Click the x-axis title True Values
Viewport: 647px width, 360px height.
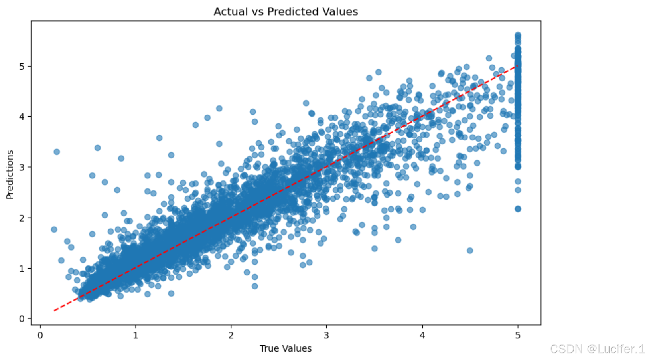click(x=286, y=348)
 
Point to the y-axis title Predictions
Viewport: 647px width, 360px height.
click(x=10, y=174)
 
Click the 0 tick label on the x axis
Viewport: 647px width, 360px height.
click(x=40, y=335)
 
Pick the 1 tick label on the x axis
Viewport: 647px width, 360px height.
click(x=136, y=335)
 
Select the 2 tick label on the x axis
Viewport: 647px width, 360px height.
click(x=231, y=335)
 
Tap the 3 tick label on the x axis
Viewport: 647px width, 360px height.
click(x=327, y=335)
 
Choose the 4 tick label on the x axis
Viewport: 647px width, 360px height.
click(x=422, y=335)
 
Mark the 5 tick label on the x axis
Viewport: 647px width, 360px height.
click(x=518, y=335)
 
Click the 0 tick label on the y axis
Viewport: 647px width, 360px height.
click(x=22, y=319)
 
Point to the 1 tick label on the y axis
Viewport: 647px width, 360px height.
click(x=22, y=268)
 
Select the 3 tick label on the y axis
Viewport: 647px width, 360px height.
click(x=22, y=167)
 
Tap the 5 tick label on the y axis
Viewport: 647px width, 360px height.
click(x=22, y=66)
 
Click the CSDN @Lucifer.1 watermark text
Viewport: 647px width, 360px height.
click(x=597, y=349)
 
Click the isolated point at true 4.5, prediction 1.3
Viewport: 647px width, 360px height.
click(x=470, y=251)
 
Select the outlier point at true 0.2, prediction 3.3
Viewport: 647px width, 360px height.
click(x=57, y=152)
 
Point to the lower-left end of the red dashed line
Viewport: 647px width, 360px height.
click(x=54, y=310)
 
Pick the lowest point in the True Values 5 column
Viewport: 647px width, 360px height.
click(x=518, y=209)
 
